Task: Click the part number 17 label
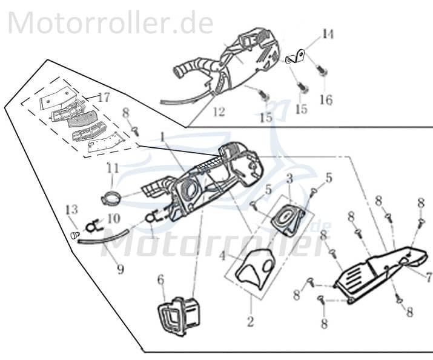tap(104, 97)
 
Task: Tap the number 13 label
tap(71, 210)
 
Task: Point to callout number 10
tap(114, 217)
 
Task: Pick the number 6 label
tap(160, 279)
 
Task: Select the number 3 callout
tap(289, 179)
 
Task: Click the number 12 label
tap(219, 112)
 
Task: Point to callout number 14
tap(328, 34)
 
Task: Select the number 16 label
tap(326, 99)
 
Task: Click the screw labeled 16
tap(323, 72)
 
